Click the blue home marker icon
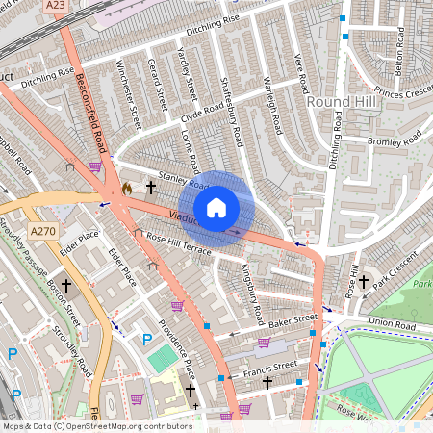(216, 207)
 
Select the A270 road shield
(42, 232)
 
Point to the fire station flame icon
(127, 190)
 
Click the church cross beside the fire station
(150, 188)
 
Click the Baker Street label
(293, 318)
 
